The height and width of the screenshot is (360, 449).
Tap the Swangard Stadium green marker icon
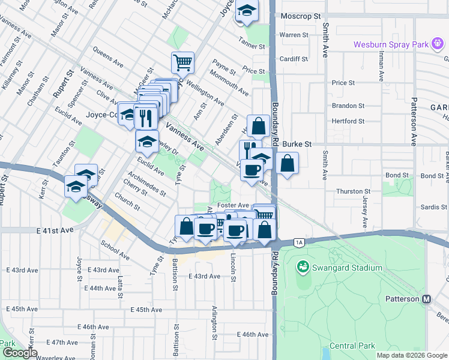(x=303, y=266)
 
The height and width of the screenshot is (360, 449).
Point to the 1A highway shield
(x=299, y=242)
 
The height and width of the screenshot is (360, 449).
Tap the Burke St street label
(x=298, y=145)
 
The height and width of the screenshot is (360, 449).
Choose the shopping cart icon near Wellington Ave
(x=182, y=61)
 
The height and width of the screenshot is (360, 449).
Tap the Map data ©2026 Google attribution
(x=412, y=355)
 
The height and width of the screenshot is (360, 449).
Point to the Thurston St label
(x=349, y=191)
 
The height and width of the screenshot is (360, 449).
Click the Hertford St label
(x=348, y=121)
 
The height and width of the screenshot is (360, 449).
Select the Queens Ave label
(x=107, y=58)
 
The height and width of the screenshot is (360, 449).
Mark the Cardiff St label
(x=294, y=59)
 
